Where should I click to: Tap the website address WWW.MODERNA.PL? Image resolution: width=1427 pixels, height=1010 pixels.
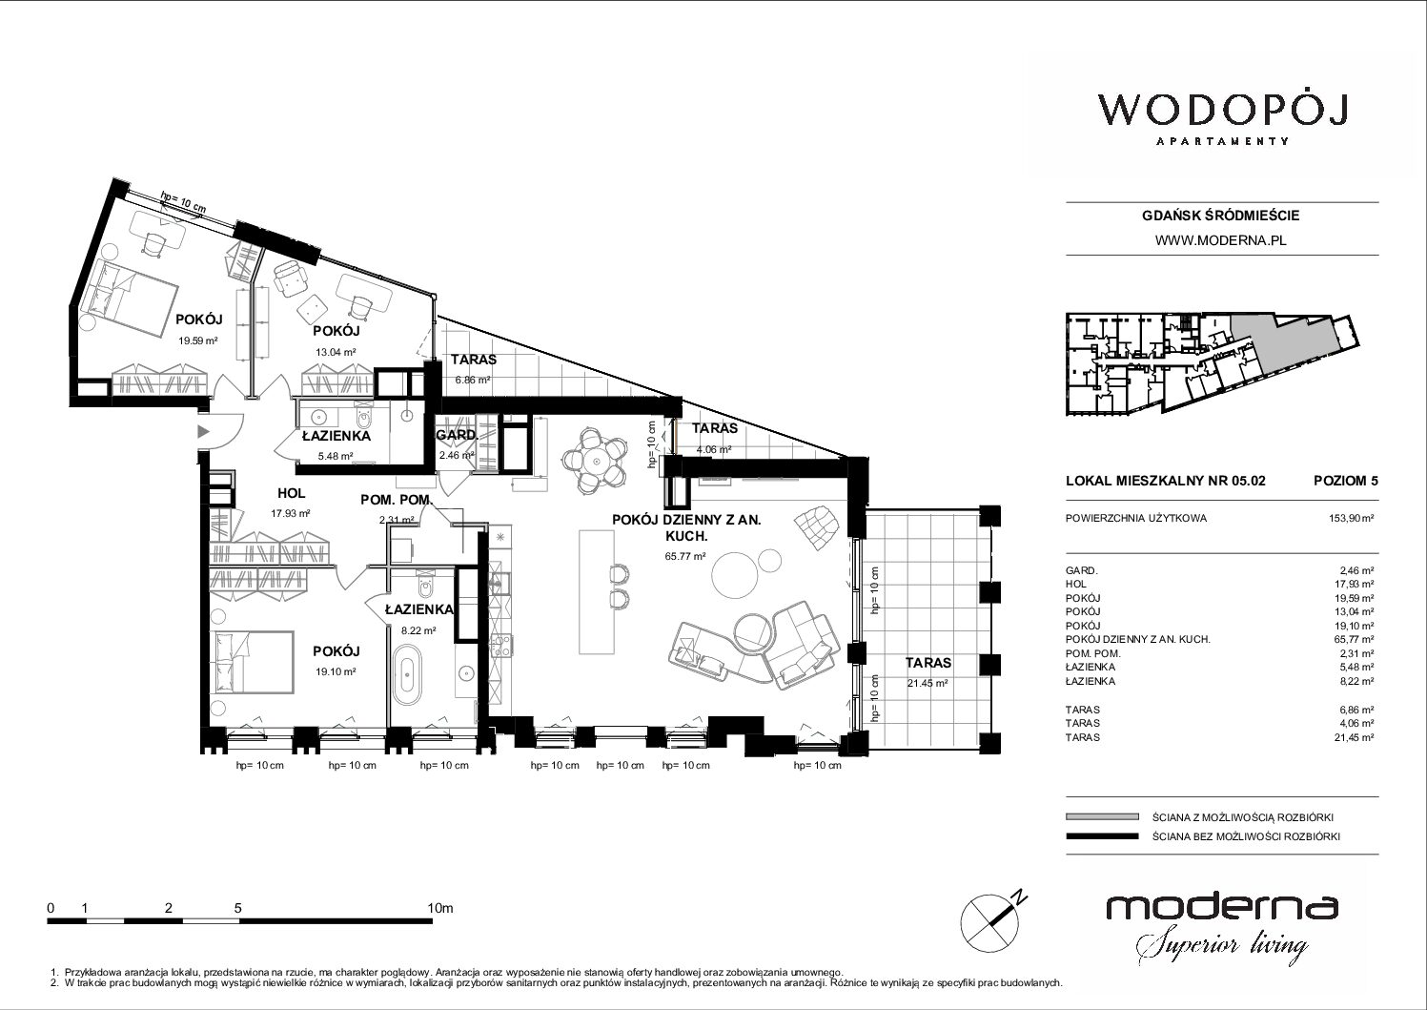tap(1220, 240)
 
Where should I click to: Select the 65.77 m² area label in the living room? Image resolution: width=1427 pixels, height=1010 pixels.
tap(684, 556)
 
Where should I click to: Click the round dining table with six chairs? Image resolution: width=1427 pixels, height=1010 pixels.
tap(596, 460)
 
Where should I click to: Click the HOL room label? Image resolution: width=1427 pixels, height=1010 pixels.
tap(291, 492)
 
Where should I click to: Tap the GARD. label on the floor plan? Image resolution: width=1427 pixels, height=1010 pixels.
tap(457, 435)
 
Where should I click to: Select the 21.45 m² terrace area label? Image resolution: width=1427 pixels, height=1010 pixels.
tap(928, 684)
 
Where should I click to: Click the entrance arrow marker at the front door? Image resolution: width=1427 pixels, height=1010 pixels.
tap(203, 431)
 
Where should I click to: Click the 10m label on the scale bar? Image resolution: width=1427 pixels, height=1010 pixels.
tap(440, 908)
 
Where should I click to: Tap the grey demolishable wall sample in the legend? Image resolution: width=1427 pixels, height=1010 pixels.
tap(1102, 816)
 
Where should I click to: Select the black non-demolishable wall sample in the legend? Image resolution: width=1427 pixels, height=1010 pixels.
tap(1102, 836)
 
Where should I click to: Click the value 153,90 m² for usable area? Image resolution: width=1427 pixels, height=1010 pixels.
tap(1350, 518)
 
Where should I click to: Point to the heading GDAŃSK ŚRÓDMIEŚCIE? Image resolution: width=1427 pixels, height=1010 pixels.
tap(1220, 216)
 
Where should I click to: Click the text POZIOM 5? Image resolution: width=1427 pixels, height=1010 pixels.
tap(1345, 481)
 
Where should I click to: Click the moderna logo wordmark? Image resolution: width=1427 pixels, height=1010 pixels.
tap(1221, 907)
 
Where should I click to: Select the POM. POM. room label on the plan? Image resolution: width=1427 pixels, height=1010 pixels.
tap(397, 500)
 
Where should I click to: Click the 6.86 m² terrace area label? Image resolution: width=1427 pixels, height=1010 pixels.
tap(473, 380)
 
